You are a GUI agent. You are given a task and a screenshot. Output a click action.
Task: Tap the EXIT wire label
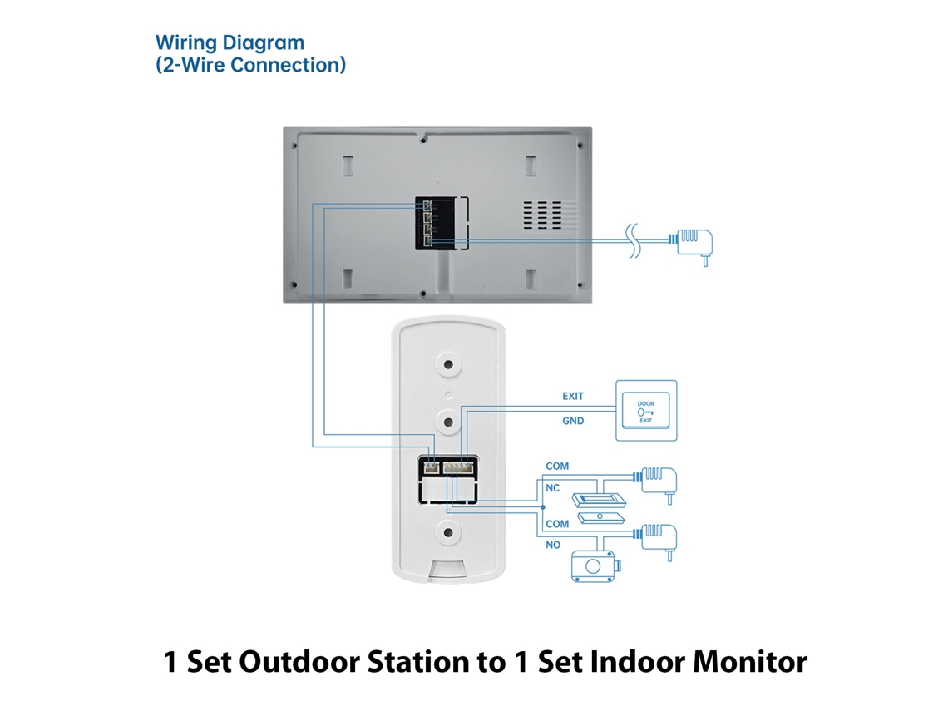(573, 396)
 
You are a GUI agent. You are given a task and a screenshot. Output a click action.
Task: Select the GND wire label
(573, 421)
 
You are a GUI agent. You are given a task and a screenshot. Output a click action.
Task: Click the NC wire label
(553, 488)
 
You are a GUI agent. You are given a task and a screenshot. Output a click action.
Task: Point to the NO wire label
(553, 545)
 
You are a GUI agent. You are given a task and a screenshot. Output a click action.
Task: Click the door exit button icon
(646, 411)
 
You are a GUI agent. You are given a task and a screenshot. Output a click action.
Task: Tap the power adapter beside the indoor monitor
(692, 245)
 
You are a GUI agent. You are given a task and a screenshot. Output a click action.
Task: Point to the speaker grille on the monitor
(541, 215)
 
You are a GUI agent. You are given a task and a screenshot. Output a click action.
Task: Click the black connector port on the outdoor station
(448, 481)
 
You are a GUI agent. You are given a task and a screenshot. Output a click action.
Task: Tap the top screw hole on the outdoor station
(448, 365)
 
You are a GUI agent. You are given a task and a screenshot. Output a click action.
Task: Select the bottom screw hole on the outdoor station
(448, 533)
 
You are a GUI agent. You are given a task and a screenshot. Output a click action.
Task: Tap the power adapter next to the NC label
(655, 484)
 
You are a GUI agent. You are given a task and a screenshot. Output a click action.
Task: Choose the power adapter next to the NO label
(655, 541)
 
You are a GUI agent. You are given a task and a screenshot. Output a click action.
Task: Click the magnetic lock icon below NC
(599, 508)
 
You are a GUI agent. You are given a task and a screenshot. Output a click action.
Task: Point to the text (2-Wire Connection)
(251, 65)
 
